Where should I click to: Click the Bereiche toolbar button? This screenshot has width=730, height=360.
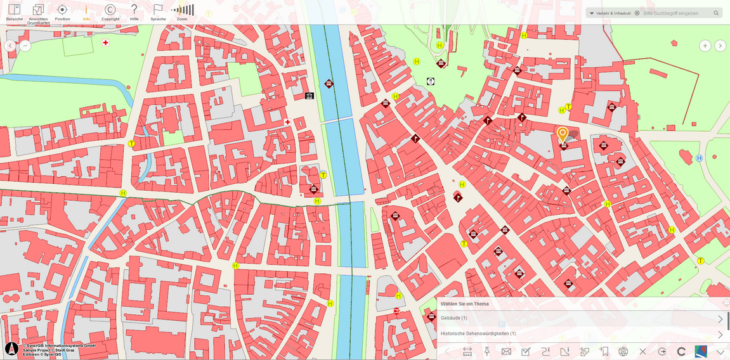pyautogui.click(x=14, y=11)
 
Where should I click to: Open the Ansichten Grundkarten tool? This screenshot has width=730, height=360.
pyautogui.click(x=38, y=12)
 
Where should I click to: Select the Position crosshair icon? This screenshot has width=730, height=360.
pyautogui.click(x=62, y=11)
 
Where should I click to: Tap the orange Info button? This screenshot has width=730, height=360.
pyautogui.click(x=86, y=11)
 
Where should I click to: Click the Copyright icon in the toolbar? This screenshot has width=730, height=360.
pyautogui.click(x=110, y=11)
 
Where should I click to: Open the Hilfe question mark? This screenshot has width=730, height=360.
pyautogui.click(x=134, y=11)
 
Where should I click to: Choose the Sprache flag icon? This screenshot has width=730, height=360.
pyautogui.click(x=158, y=11)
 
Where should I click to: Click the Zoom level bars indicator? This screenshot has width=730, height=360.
pyautogui.click(x=183, y=10)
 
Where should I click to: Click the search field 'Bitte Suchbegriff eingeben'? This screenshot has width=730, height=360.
pyautogui.click(x=675, y=13)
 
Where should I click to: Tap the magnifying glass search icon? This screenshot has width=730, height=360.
pyautogui.click(x=716, y=13)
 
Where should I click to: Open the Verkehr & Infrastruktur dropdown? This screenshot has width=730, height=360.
pyautogui.click(x=609, y=13)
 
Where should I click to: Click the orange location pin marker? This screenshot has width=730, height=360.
pyautogui.click(x=563, y=134)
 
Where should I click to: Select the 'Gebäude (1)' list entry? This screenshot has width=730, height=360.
pyautogui.click(x=454, y=318)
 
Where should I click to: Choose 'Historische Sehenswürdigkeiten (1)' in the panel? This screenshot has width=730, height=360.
pyautogui.click(x=478, y=333)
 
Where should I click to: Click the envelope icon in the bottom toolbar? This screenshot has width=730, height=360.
pyautogui.click(x=506, y=351)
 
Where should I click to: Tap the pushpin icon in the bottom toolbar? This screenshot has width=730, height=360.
pyautogui.click(x=487, y=351)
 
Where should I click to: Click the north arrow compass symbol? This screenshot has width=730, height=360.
pyautogui.click(x=11, y=349)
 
